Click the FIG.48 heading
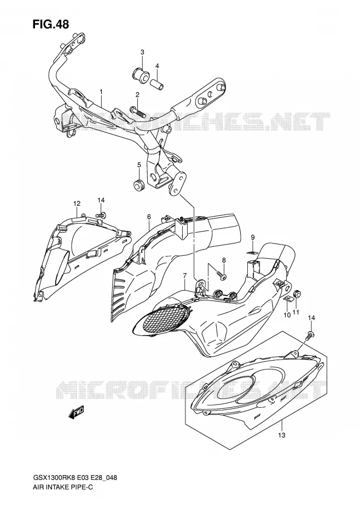[50, 24]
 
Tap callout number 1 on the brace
[101, 92]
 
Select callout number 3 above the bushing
[142, 52]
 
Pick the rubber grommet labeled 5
[138, 184]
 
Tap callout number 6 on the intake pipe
[149, 217]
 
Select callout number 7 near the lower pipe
[185, 276]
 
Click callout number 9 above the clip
[253, 239]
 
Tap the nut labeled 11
[296, 295]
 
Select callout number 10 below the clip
[287, 315]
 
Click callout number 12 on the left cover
[77, 204]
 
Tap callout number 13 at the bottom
[282, 435]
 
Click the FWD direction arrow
[76, 413]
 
